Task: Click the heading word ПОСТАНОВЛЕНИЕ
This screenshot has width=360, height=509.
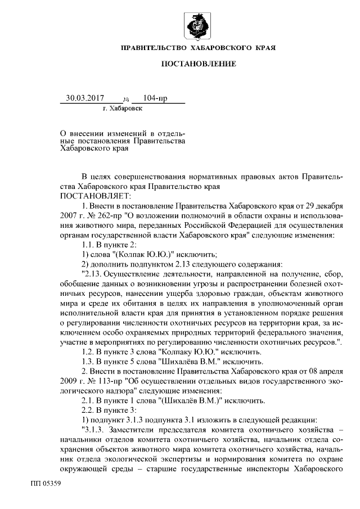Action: point(199,64)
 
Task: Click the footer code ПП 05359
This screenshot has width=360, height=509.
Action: point(46,483)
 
